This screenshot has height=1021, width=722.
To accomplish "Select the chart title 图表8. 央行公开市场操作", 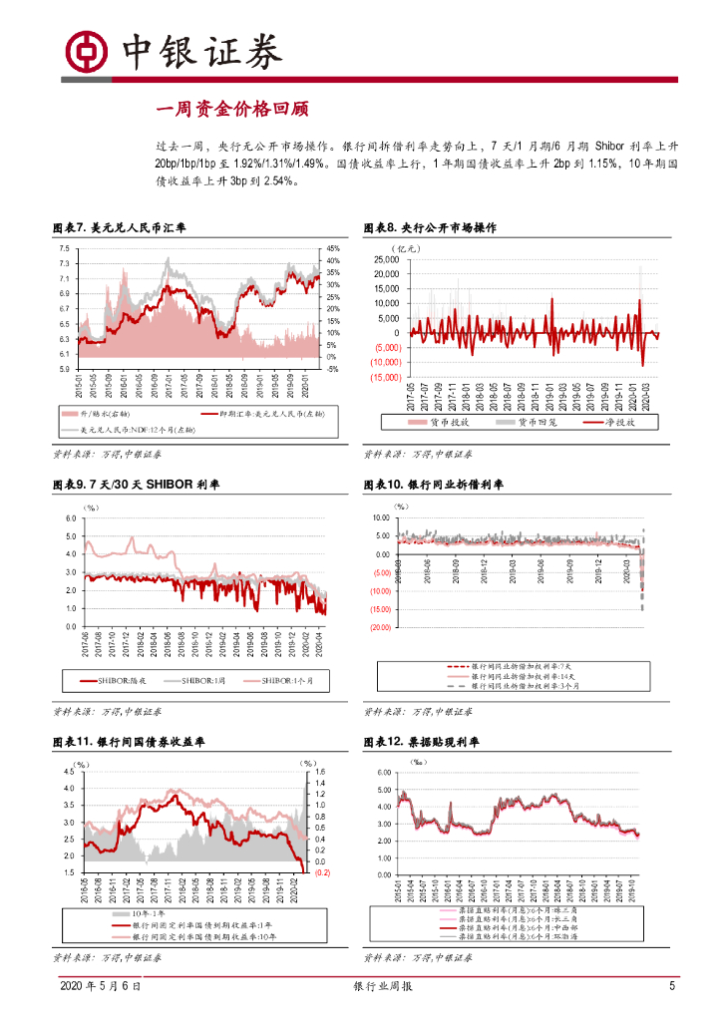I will point(430,228).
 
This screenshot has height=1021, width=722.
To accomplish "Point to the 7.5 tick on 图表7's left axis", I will point(64,248).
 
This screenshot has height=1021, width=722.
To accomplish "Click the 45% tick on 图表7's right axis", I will point(333,248).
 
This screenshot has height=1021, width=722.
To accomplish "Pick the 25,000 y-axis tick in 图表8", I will point(385,259).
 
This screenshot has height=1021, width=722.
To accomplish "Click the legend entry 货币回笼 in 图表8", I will point(538,422).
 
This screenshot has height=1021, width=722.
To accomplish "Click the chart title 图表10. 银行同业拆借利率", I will point(434,485).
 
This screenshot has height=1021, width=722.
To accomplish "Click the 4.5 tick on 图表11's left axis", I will point(69,772).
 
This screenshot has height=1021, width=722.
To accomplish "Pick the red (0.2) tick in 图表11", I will point(322,872).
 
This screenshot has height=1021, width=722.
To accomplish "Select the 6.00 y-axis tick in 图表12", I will point(384,773).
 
